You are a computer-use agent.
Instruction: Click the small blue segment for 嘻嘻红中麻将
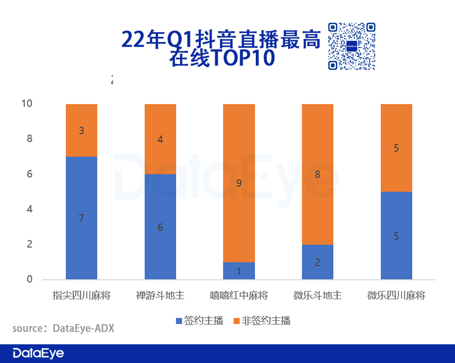[x=239, y=271]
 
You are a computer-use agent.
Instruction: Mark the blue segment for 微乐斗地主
[x=318, y=262]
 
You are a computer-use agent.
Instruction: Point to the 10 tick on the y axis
[x=26, y=104]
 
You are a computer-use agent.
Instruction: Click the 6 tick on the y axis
[x=29, y=174]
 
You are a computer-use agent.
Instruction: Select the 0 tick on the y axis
[x=29, y=279]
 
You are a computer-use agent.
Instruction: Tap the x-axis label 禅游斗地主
[x=160, y=295]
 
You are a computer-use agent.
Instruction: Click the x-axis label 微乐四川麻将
[x=396, y=295]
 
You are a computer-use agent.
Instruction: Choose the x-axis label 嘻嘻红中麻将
[x=239, y=295]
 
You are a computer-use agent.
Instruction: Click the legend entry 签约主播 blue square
[x=180, y=321]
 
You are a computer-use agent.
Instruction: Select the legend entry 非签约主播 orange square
[x=237, y=321]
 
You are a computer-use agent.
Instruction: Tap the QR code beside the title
[x=351, y=46]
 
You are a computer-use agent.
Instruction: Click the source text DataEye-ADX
[x=83, y=328]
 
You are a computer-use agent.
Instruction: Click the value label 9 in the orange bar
[x=239, y=183]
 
